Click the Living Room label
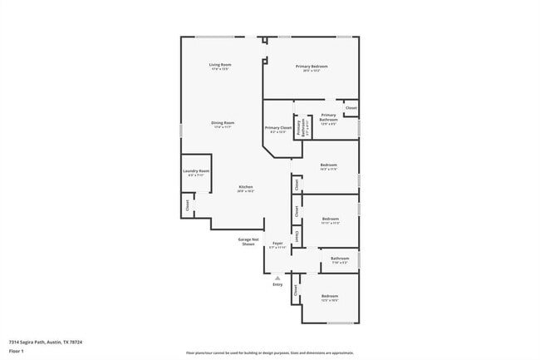[219, 65]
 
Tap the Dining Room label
[223, 123]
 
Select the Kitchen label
[246, 187]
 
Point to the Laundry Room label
[196, 171]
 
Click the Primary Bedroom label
[312, 67]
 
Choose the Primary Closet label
[277, 128]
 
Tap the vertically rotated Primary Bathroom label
[299, 128]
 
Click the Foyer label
[277, 244]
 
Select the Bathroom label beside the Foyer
[339, 259]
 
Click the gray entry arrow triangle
[277, 278]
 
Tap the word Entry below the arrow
[277, 284]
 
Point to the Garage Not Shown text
[248, 241]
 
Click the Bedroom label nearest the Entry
[330, 296]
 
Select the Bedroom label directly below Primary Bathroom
[328, 165]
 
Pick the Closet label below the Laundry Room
[188, 203]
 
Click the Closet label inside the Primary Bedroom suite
[351, 108]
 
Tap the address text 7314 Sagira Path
[46, 341]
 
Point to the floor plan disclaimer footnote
[270, 353]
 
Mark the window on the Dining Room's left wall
[181, 131]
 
